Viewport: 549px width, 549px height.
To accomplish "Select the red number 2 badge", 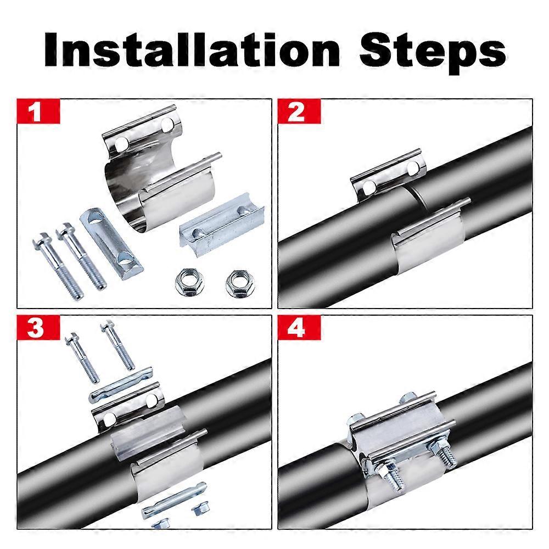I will [x=296, y=113].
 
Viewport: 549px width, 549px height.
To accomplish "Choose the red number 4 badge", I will [x=296, y=330].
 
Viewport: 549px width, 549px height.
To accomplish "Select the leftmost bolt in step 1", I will [x=58, y=266].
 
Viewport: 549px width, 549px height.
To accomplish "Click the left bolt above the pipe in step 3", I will [x=83, y=357].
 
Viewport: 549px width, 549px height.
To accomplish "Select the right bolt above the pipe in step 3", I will [x=118, y=346].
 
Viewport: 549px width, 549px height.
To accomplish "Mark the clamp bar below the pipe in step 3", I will [x=173, y=500].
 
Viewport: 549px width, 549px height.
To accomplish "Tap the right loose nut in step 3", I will [x=197, y=509].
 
